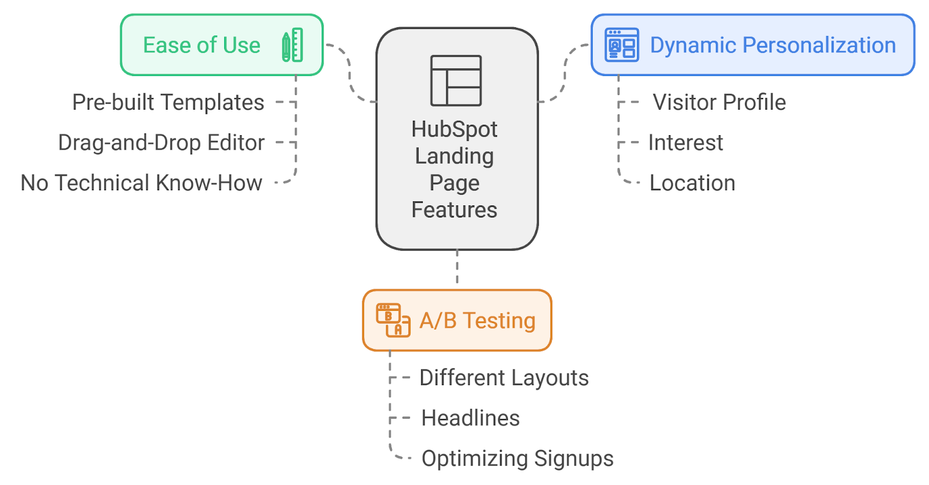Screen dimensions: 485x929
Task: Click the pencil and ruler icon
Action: coord(293,45)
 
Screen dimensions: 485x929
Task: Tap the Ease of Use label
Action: coord(201,45)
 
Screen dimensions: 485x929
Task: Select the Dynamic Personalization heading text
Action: coord(772,45)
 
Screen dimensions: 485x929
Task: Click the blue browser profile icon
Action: coord(621,45)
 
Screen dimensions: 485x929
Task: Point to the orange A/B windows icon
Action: coord(393,320)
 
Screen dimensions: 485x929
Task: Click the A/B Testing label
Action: coord(477,320)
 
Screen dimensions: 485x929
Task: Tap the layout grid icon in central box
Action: coord(456,81)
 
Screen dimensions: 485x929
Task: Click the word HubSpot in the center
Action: coord(454,129)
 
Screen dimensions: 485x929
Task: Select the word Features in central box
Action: coord(454,210)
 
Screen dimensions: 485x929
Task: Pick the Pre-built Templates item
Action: coord(168,102)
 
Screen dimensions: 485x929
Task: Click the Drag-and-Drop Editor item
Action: coord(161,143)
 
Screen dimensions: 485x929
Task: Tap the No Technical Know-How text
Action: coord(141,183)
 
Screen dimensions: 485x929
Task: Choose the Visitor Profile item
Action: coord(719,102)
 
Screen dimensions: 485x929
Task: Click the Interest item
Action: coord(685,143)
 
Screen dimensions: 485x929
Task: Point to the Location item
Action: coord(692,183)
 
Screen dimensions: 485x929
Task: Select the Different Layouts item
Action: coord(503,378)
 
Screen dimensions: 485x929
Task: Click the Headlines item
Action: coord(470,418)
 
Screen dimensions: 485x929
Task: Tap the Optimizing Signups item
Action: coord(517,458)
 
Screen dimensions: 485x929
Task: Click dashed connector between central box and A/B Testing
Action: coord(457,268)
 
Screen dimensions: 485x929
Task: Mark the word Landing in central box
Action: coord(454,156)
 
